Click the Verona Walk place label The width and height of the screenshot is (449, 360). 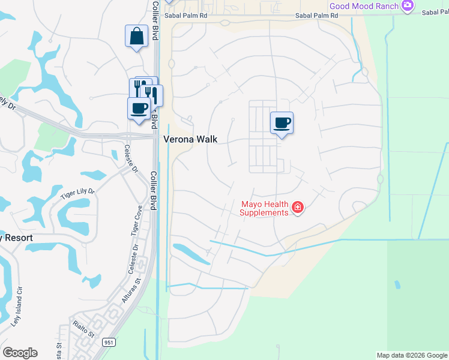190,139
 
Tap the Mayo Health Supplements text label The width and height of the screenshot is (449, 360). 265,208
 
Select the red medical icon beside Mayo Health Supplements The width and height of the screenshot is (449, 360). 297,208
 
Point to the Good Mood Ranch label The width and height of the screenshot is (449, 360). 364,6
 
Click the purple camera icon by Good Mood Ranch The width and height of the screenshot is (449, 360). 408,6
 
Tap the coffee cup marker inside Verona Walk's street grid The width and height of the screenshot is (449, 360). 282,123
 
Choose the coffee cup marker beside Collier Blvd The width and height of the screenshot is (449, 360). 139,109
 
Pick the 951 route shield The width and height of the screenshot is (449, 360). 109,342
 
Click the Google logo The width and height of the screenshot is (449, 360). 20,352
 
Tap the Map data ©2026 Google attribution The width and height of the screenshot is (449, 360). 412,355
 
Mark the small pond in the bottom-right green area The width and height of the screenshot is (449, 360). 396,284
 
